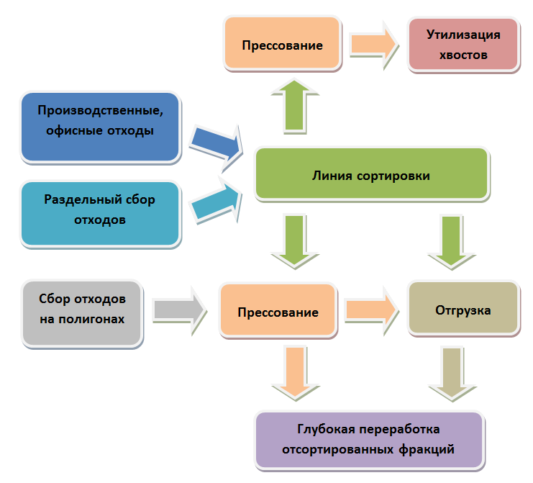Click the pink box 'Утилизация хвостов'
tap(463, 44)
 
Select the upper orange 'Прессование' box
tap(282, 44)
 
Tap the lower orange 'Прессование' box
tap(278, 311)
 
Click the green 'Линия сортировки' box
tap(371, 173)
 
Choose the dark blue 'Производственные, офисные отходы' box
tap(99, 126)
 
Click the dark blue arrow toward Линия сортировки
tap(214, 142)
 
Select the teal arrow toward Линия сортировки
tap(214, 202)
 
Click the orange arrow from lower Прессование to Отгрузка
tap(371, 310)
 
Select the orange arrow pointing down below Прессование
tap(293, 370)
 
